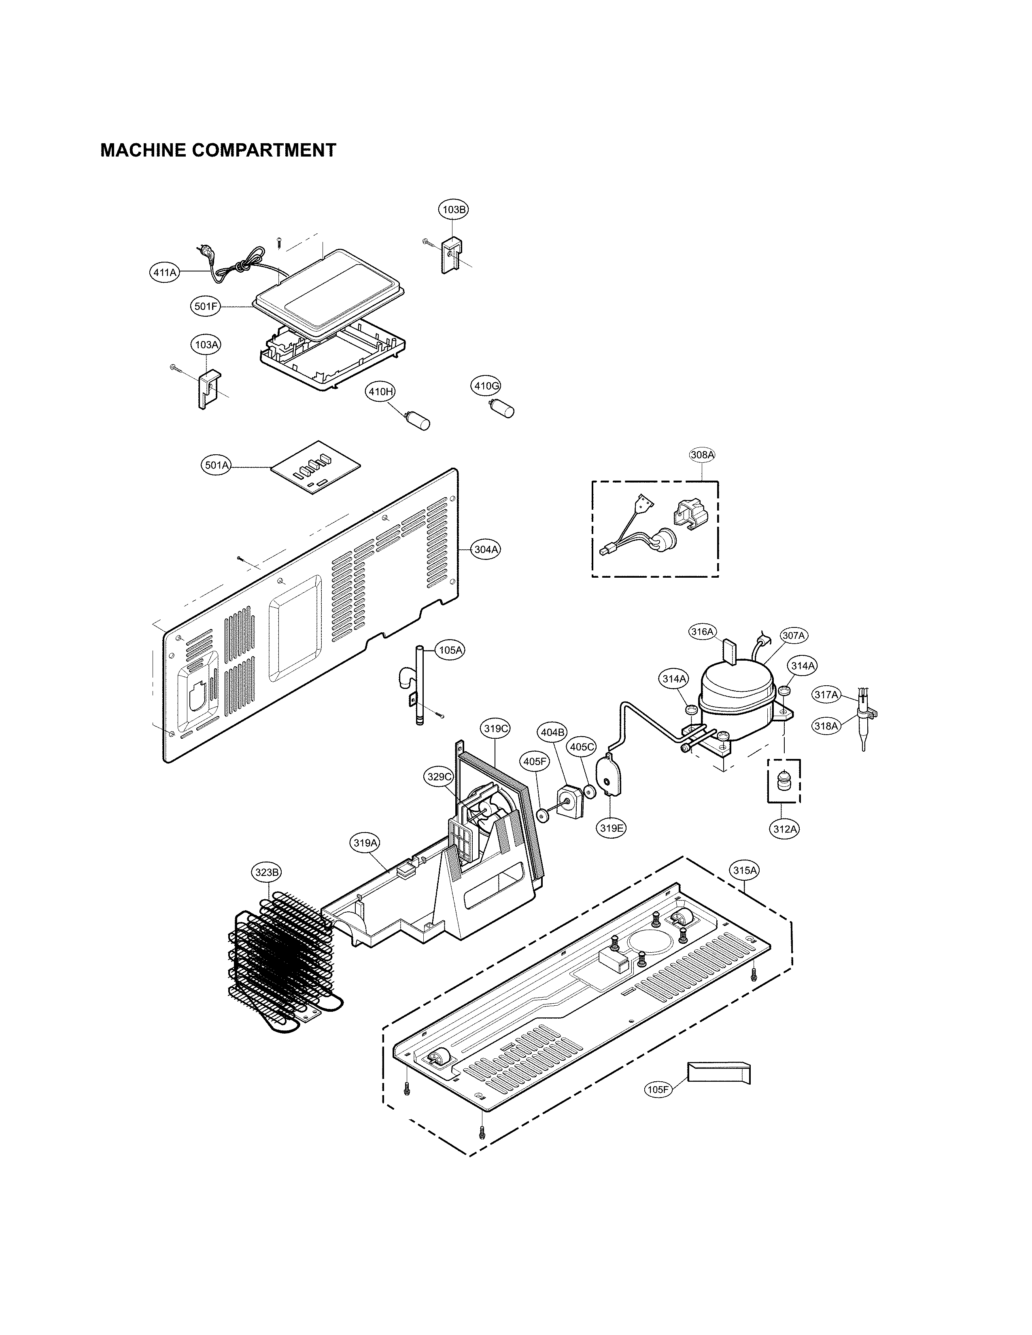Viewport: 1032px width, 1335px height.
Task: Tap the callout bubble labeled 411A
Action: (164, 273)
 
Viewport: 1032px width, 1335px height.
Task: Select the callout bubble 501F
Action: (206, 307)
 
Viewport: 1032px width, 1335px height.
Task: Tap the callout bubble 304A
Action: (486, 549)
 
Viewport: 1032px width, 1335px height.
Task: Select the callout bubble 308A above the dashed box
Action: (702, 455)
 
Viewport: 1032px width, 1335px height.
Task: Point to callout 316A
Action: (702, 631)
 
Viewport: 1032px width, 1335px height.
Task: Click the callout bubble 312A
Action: (784, 829)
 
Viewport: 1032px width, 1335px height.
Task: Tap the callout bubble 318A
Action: (825, 726)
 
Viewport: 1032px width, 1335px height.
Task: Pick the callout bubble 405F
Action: (535, 762)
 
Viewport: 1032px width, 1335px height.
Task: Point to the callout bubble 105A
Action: (450, 651)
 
